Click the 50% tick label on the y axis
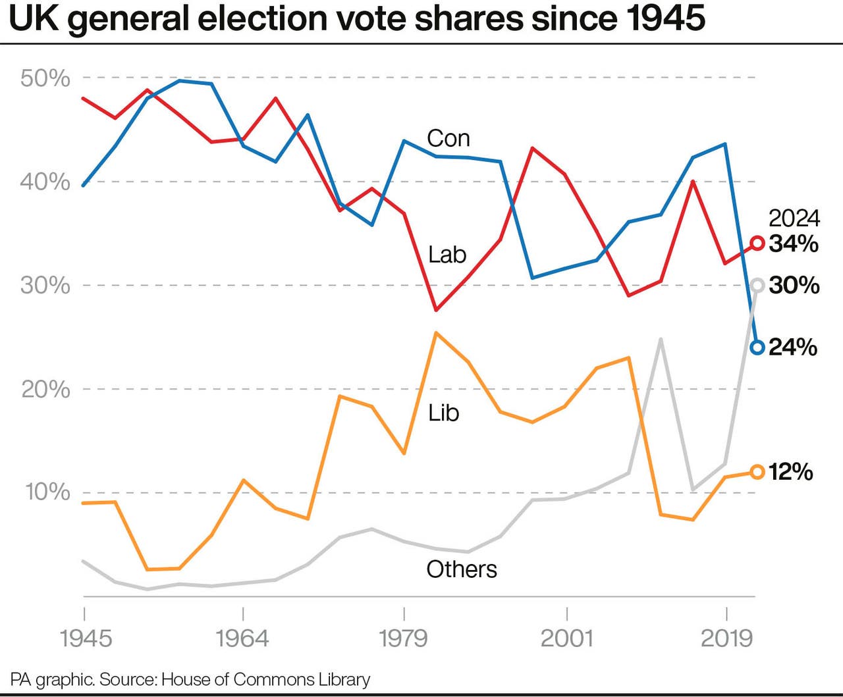[x=45, y=78]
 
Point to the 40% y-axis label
[x=45, y=182]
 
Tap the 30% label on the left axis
[x=45, y=285]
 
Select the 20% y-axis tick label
[x=45, y=389]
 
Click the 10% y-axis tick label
[x=47, y=492]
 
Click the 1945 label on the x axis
[x=86, y=638]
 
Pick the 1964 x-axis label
[x=242, y=638]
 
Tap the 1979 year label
[x=403, y=638]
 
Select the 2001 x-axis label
[x=566, y=638]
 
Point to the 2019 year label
[x=726, y=638]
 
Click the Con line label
[x=448, y=138]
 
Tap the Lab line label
[x=447, y=255]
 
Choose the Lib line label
[x=443, y=413]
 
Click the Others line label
[x=461, y=569]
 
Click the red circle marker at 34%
[x=757, y=244]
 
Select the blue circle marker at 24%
[x=757, y=347]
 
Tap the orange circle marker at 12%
[x=757, y=472]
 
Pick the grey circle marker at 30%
[x=757, y=285]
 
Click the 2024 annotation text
[x=794, y=219]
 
